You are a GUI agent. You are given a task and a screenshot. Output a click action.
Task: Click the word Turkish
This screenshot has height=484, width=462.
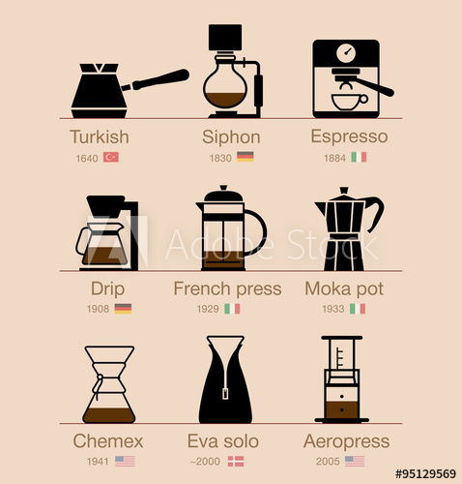pyautogui.click(x=100, y=136)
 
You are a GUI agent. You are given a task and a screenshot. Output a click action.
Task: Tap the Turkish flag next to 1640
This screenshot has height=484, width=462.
pyautogui.click(x=111, y=157)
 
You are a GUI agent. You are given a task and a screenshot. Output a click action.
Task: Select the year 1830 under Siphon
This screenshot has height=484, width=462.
pyautogui.click(x=220, y=157)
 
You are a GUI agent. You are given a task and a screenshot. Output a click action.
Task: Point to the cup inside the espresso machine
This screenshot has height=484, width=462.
pyautogui.click(x=347, y=101)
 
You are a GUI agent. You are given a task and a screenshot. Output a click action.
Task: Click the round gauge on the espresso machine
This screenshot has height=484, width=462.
pyautogui.click(x=345, y=52)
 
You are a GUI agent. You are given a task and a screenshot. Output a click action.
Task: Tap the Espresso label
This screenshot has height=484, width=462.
pyautogui.click(x=349, y=136)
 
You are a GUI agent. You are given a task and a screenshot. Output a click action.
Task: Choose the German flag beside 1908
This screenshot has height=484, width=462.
pyautogui.click(x=123, y=309)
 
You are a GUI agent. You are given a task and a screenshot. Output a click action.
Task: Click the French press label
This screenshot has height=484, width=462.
pyautogui.click(x=227, y=288)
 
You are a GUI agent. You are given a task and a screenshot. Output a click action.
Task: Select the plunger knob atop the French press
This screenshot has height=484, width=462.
pyautogui.click(x=224, y=189)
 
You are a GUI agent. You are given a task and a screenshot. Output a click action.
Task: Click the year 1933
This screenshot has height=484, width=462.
pyautogui.click(x=332, y=309)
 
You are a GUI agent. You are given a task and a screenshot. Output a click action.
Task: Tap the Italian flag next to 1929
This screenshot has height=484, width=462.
pyautogui.click(x=232, y=309)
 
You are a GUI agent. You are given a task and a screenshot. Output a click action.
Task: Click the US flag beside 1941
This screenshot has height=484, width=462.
pyautogui.click(x=125, y=462)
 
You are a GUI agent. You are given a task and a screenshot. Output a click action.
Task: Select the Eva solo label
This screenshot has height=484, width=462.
pyautogui.click(x=224, y=441)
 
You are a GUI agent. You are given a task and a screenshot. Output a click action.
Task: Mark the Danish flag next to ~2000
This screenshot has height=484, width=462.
pyautogui.click(x=235, y=462)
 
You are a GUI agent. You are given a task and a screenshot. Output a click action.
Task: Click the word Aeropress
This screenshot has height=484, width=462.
pyautogui.click(x=347, y=441)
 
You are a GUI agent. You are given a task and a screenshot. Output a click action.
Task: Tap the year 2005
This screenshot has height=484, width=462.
pyautogui.click(x=328, y=462)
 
